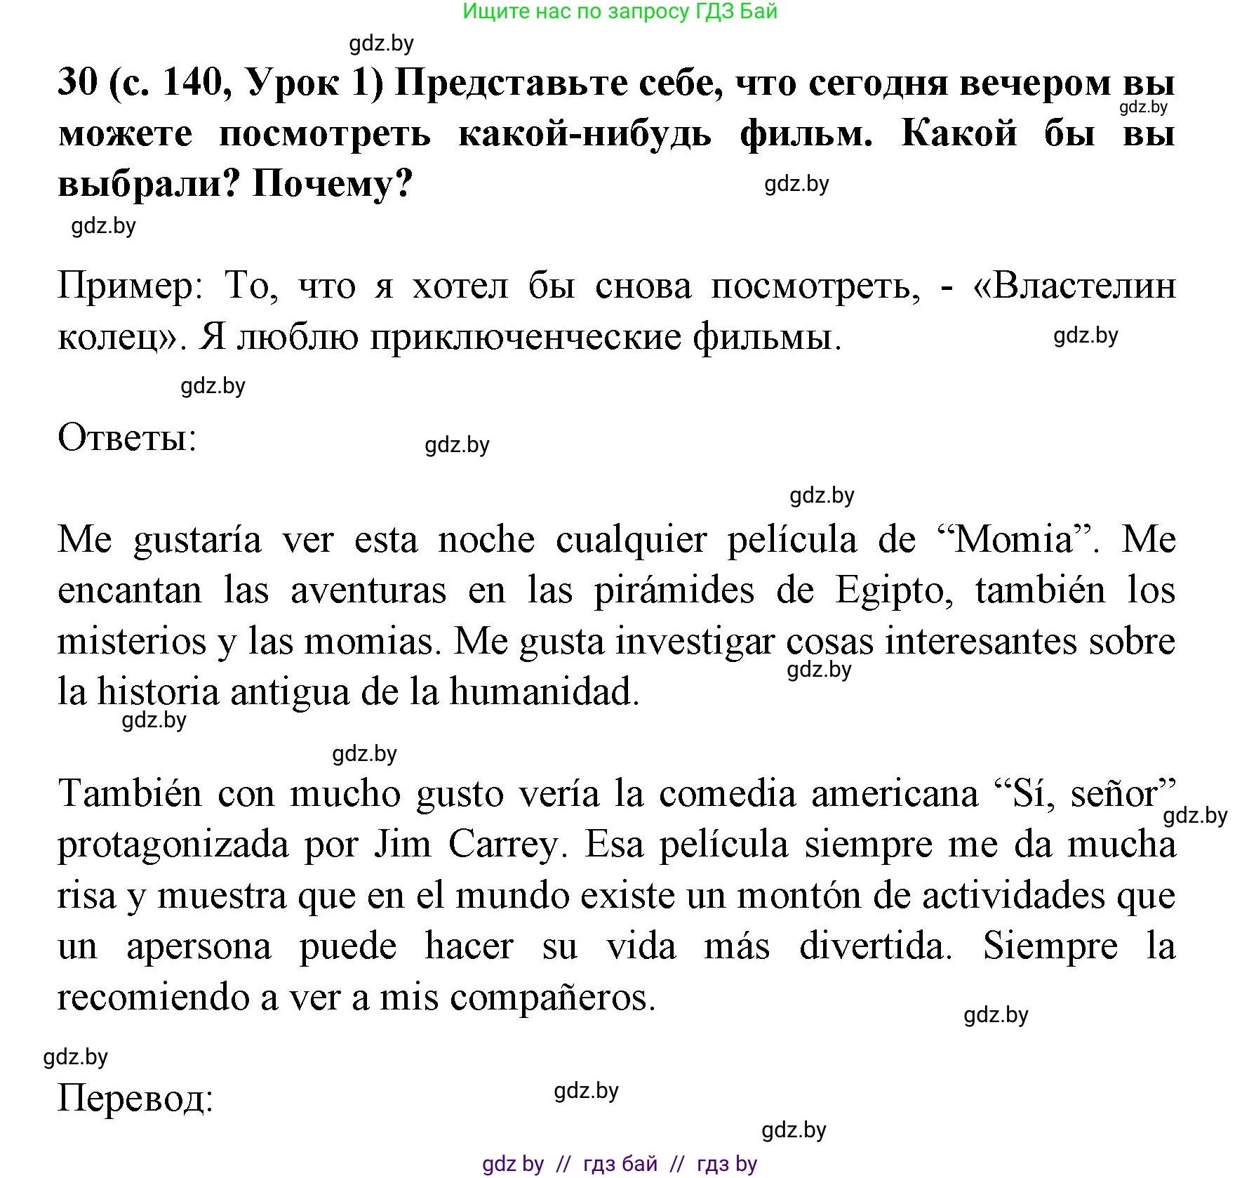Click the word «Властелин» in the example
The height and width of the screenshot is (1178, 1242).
point(1074,286)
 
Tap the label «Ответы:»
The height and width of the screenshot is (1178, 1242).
point(127,438)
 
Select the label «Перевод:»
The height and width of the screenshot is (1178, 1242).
point(135,1097)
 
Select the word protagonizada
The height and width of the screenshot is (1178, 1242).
point(173,845)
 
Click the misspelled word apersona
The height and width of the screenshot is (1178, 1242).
point(199,946)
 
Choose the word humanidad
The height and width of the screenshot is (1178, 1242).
point(545,692)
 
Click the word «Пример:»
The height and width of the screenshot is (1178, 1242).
point(131,286)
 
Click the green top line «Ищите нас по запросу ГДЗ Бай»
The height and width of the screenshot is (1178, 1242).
point(620,11)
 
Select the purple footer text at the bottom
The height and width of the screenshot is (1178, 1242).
point(620,1163)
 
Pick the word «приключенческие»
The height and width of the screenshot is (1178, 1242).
point(526,338)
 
